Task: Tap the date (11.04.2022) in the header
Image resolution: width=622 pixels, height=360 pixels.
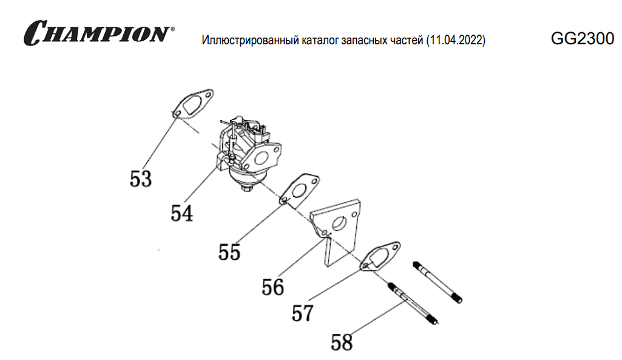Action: coord(456,41)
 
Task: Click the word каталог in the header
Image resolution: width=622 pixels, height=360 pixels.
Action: coord(316,41)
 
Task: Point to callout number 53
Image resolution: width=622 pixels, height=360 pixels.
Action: coord(141,178)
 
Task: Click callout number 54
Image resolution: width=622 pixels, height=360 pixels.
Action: coord(182,212)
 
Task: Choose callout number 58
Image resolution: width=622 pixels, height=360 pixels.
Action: coord(342,342)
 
